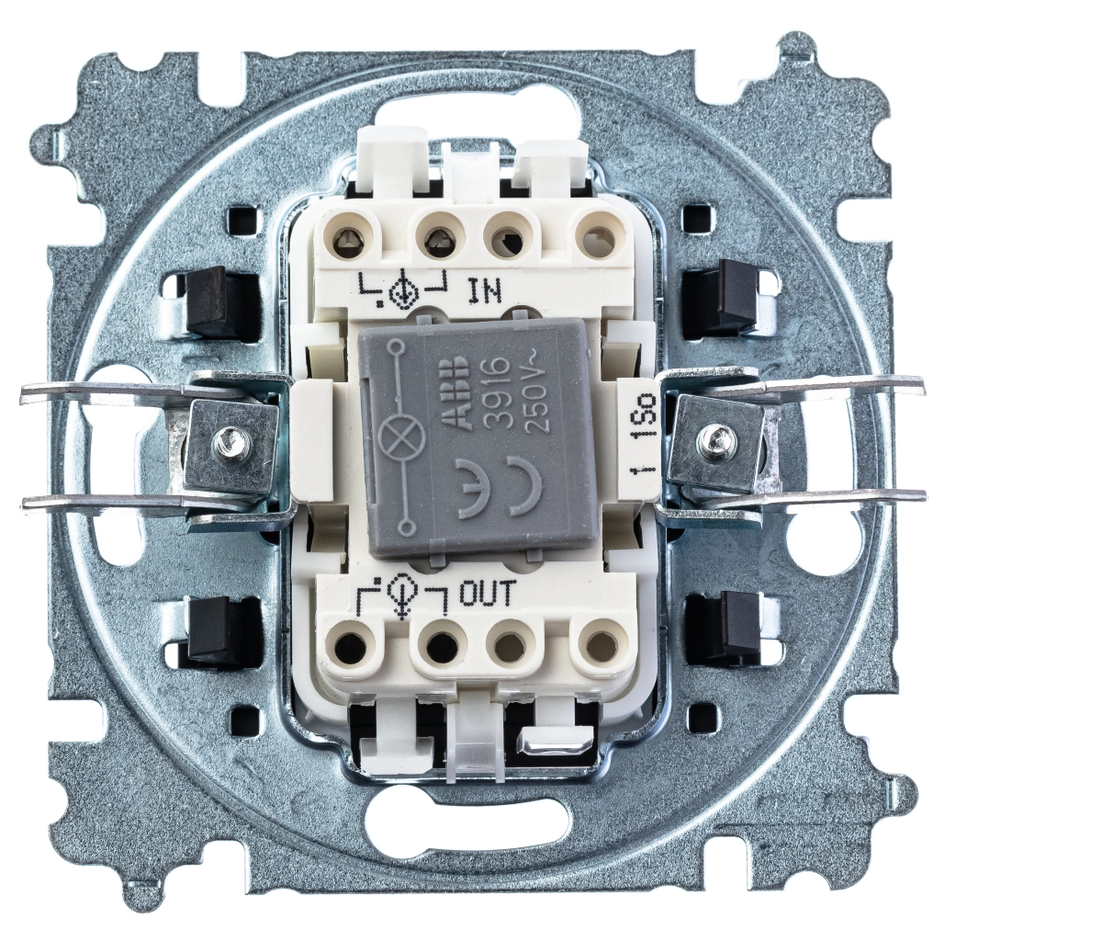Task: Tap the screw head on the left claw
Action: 229,438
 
